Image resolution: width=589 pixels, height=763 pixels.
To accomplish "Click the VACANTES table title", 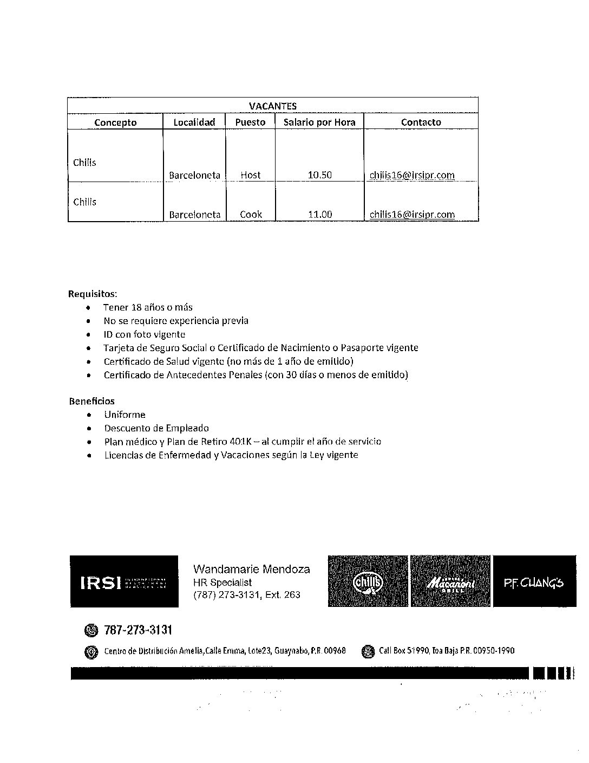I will (272, 106).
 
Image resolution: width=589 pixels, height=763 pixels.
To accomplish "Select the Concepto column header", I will (115, 122).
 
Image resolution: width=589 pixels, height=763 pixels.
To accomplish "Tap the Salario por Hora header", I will (319, 122).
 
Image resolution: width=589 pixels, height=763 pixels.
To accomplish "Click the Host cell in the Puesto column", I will (251, 175).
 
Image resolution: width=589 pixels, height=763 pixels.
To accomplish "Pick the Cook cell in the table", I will (251, 214).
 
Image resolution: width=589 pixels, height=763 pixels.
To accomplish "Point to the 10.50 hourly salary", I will (319, 175).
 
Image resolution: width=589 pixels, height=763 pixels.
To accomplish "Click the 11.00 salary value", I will (319, 214).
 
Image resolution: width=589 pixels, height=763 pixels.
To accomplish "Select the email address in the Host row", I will (412, 175).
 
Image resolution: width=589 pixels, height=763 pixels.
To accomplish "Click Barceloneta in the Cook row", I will (194, 214).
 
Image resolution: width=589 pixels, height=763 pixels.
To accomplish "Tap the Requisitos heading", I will (92, 294).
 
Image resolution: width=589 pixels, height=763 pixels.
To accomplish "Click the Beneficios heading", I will (91, 401).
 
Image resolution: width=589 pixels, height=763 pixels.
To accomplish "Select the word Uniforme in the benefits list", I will (125, 415).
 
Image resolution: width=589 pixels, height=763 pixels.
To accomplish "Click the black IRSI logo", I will (124, 581).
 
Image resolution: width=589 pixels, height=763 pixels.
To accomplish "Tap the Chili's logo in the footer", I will (368, 581).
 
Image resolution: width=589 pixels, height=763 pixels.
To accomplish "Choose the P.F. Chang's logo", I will (534, 581).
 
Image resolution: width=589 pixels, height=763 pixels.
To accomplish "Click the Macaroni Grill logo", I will (450, 581).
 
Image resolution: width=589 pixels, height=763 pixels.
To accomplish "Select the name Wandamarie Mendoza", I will (252, 569).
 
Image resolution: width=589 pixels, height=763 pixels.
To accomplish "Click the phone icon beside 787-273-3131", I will (91, 630).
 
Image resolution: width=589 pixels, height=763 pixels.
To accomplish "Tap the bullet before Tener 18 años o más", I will (88, 308).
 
